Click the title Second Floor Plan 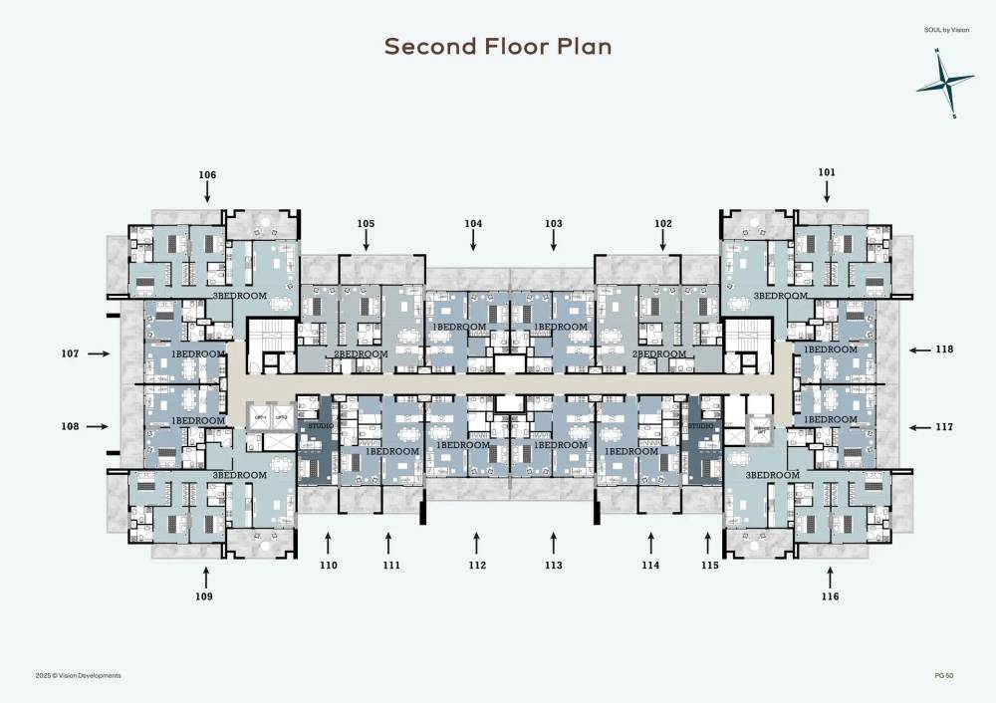498,47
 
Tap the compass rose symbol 945,84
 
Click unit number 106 207,175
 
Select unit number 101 827,172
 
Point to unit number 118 944,350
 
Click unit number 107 69,352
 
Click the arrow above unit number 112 477,542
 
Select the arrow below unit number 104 473,241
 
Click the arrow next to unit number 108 97,426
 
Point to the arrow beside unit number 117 917,427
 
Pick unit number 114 651,566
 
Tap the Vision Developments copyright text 78,675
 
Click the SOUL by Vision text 947,30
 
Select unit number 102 663,224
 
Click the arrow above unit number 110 329,542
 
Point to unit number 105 366,223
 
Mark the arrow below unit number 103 554,241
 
